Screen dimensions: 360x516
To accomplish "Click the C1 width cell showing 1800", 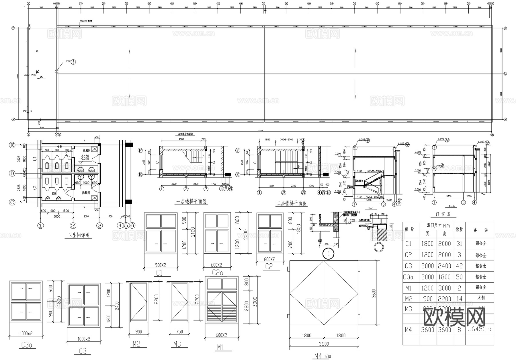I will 427,244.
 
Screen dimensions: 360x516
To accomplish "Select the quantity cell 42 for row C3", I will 459,266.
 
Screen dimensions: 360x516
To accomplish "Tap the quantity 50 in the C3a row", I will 459,277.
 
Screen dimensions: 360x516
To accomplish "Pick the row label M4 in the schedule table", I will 408,330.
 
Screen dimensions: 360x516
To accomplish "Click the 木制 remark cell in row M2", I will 481,298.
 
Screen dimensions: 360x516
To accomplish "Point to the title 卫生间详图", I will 79,235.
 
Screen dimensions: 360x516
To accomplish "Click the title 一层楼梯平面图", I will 191,202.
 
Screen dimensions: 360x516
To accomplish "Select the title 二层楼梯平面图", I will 292,203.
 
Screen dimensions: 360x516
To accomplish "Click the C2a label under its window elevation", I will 217,273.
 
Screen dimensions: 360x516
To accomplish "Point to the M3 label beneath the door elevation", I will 177,344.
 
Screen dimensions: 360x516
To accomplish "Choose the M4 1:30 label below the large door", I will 322,356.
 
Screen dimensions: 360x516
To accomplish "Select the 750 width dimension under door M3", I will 179,332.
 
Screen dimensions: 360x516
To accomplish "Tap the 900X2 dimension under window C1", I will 160,265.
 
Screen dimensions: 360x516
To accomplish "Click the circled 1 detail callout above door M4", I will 329,254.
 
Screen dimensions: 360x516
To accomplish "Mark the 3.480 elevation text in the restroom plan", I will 85,156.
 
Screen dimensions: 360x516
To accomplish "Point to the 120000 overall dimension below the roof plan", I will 260,131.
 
